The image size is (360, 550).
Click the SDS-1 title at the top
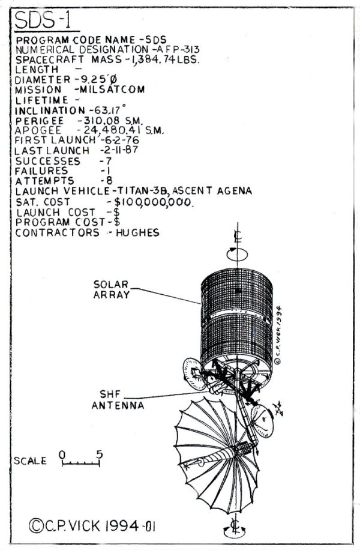(x=43, y=20)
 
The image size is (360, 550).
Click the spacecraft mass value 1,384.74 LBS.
(x=164, y=59)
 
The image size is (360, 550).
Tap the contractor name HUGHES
(x=138, y=232)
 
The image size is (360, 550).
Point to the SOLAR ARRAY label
(x=112, y=289)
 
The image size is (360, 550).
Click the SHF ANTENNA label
(x=118, y=400)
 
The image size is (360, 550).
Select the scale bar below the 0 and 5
(x=81, y=464)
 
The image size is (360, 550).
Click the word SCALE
(x=30, y=461)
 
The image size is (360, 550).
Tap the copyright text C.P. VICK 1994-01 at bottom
(x=92, y=526)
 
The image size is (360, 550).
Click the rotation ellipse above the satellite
(x=237, y=254)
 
